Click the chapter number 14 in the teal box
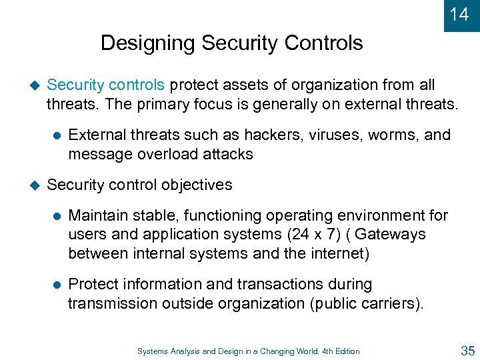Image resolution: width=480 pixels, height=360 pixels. coord(459,14)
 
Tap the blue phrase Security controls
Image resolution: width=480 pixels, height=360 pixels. coord(105,85)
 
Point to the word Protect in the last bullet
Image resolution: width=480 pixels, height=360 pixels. coord(93,285)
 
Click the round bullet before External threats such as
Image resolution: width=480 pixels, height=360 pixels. coord(57,135)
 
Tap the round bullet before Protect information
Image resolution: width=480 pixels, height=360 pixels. coord(57,285)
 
